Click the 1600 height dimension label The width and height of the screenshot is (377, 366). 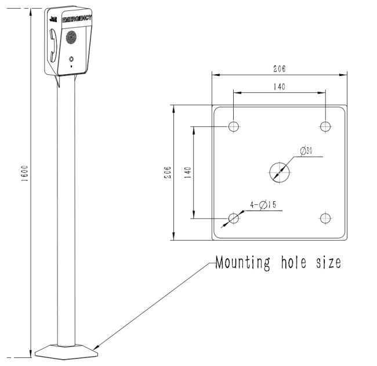[25, 173]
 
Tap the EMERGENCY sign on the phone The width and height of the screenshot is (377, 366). [77, 19]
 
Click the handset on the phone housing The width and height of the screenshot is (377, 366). [53, 45]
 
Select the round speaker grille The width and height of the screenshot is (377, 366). [71, 38]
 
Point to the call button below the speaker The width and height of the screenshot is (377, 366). [71, 59]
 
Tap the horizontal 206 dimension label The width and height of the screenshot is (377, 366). [280, 69]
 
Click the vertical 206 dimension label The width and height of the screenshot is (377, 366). [168, 172]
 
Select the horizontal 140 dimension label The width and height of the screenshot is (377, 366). [280, 86]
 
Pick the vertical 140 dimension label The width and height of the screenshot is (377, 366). [188, 172]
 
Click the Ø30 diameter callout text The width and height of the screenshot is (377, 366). [306, 151]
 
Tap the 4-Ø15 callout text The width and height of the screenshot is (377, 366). [263, 205]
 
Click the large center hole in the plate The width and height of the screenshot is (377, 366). [280, 172]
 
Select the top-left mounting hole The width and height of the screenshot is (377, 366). [234, 126]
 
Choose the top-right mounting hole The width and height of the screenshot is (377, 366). [325, 126]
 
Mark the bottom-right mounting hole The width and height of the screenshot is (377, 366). [325, 218]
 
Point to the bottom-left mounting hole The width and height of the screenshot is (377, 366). [234, 218]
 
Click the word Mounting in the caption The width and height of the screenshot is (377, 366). [243, 263]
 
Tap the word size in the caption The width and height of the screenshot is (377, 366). [329, 262]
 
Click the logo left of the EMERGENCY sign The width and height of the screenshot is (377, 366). [53, 19]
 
